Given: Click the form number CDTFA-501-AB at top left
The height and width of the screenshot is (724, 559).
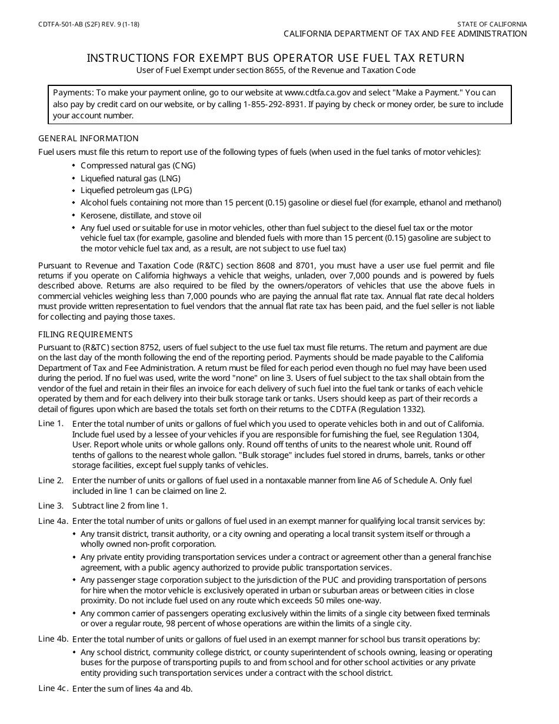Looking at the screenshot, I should coord(59,25).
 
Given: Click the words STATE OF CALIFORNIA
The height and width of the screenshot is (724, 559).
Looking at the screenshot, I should coord(492,25).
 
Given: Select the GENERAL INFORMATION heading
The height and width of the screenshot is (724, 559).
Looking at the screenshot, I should coord(88,138).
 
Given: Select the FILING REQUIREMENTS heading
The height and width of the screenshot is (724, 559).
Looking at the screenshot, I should coord(86,334).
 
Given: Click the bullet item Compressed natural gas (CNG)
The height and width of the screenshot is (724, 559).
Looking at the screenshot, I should coord(138,165).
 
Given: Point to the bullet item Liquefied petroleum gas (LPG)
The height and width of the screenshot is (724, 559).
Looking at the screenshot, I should coord(136,190).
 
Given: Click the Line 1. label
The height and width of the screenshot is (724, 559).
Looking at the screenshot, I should coord(51,423).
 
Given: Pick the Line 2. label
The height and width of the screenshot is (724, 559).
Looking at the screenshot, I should coord(51,480).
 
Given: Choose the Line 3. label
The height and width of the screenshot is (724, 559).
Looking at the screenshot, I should coord(51,506).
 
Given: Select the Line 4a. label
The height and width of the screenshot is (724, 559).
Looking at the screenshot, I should coord(53,521).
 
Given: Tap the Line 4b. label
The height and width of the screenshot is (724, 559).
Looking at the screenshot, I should coord(53,639).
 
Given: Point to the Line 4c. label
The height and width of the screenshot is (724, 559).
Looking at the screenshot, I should coord(53,689).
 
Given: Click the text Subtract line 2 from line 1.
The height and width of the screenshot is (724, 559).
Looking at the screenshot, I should coord(120,506).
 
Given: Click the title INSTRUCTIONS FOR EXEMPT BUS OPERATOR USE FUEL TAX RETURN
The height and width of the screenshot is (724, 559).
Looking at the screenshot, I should coord(275,58).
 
